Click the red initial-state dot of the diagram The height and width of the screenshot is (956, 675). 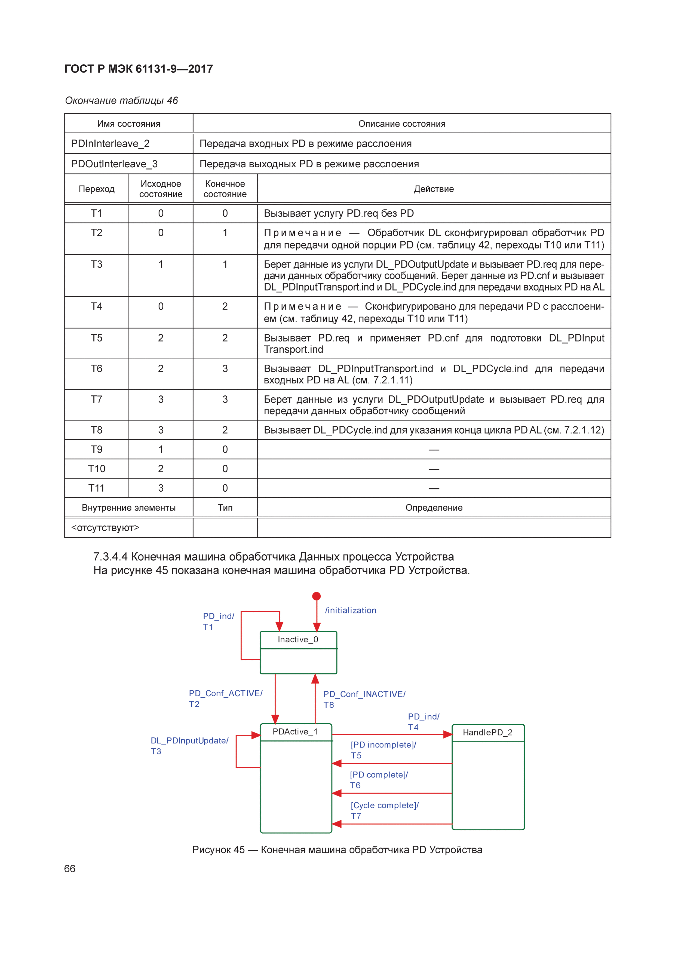pyautogui.click(x=317, y=596)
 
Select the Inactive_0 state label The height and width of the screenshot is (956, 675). pyautogui.click(x=298, y=640)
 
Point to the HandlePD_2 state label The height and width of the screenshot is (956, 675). pyautogui.click(x=487, y=733)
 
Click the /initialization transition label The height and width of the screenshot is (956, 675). pyautogui.click(x=351, y=610)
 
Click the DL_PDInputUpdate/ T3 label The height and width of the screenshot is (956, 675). pyautogui.click(x=189, y=746)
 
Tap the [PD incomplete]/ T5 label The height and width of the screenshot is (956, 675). pyautogui.click(x=383, y=750)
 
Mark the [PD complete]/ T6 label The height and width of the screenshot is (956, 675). pyautogui.click(x=379, y=780)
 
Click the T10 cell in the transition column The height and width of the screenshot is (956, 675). pyautogui.click(x=97, y=469)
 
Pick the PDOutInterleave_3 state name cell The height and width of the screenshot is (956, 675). pyautogui.click(x=114, y=164)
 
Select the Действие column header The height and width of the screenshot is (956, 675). pyautogui.click(x=434, y=189)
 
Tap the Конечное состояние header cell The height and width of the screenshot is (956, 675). pyautogui.click(x=225, y=189)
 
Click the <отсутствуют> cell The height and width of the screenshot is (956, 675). pyautogui.click(x=105, y=528)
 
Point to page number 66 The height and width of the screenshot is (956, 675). pyautogui.click(x=70, y=869)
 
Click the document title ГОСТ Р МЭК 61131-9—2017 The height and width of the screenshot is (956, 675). pyautogui.click(x=139, y=69)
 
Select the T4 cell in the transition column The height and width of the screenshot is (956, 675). pyautogui.click(x=97, y=307)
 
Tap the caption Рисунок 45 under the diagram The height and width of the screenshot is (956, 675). pyautogui.click(x=337, y=850)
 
